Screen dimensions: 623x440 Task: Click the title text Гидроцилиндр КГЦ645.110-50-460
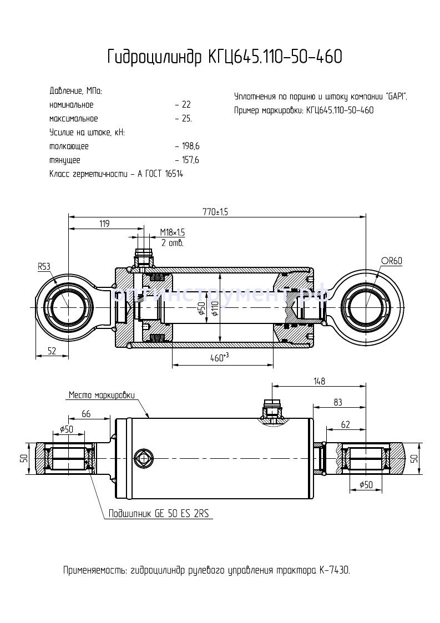pyautogui.click(x=224, y=57)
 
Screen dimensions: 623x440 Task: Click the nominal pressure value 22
pyautogui.click(x=186, y=105)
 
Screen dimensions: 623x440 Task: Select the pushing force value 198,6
pyautogui.click(x=190, y=146)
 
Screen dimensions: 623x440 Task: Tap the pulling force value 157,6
pyautogui.click(x=190, y=160)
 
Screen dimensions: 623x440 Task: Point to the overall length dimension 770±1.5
pyautogui.click(x=216, y=211)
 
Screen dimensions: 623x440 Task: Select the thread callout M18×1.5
pyautogui.click(x=173, y=232)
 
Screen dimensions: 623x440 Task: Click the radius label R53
pyautogui.click(x=44, y=267)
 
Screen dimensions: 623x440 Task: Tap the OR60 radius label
pyautogui.click(x=392, y=261)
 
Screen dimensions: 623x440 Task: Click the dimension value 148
pyautogui.click(x=318, y=381)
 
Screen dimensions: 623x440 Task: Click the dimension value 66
pyautogui.click(x=86, y=414)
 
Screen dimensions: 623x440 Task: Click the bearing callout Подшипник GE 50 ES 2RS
pyautogui.click(x=158, y=514)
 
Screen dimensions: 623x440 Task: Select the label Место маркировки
pyautogui.click(x=102, y=395)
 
